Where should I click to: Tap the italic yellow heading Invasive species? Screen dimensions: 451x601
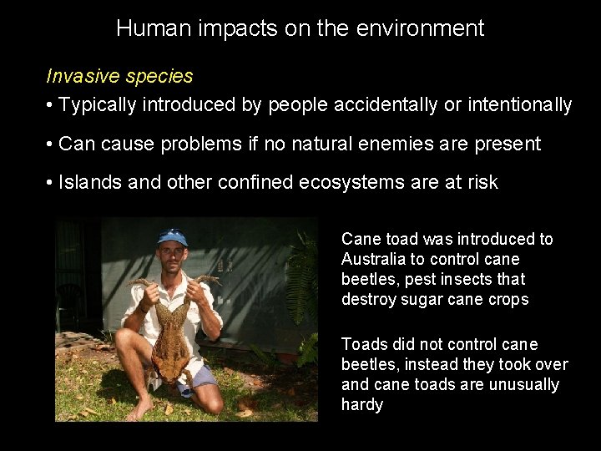(119, 76)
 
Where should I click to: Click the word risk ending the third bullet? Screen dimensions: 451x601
(481, 182)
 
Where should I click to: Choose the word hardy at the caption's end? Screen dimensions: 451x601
(362, 404)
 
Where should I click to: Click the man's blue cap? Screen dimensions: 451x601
(173, 237)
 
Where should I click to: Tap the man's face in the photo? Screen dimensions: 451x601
(173, 254)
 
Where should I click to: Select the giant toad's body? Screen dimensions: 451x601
(173, 334)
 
